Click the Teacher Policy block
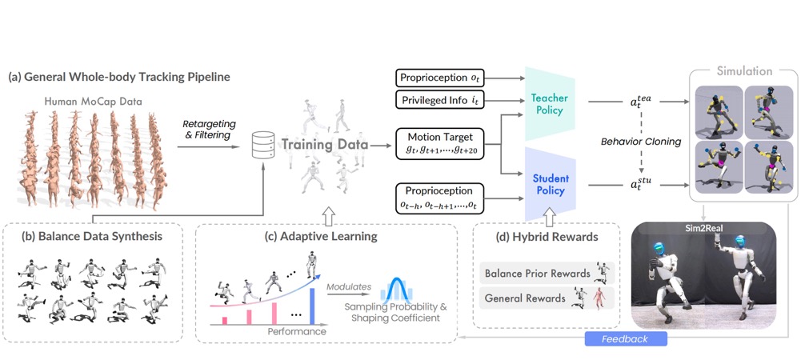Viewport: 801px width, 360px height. (x=549, y=101)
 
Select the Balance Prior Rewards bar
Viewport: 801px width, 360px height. (x=536, y=274)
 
